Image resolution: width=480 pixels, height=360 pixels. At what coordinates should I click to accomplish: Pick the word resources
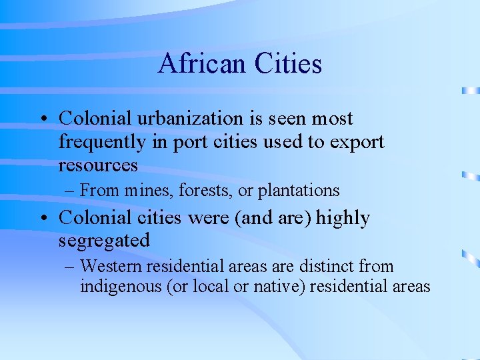[x=98, y=165]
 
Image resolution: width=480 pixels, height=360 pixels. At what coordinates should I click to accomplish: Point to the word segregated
[x=104, y=241]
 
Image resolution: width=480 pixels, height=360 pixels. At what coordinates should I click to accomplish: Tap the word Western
[x=107, y=267]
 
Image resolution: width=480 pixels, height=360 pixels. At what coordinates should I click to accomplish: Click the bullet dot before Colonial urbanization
[x=42, y=119]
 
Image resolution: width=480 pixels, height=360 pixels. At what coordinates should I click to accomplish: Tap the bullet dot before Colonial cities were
[x=42, y=219]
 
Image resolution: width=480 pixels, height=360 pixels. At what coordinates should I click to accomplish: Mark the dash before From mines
[x=71, y=191]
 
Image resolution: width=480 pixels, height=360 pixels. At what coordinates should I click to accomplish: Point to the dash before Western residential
[x=71, y=267]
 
